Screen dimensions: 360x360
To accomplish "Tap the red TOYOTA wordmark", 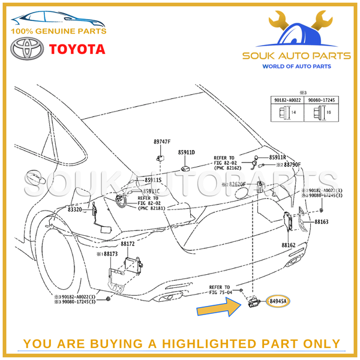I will (x=76, y=49).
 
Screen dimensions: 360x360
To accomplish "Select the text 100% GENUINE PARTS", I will (x=58, y=31).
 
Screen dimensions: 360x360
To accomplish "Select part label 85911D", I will (x=187, y=152).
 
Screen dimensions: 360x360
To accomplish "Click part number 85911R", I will (x=278, y=157).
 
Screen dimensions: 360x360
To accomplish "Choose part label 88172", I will (x=127, y=244).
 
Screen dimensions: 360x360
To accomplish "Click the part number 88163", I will (x=321, y=221).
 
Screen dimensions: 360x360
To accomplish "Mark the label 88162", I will (x=288, y=245).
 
